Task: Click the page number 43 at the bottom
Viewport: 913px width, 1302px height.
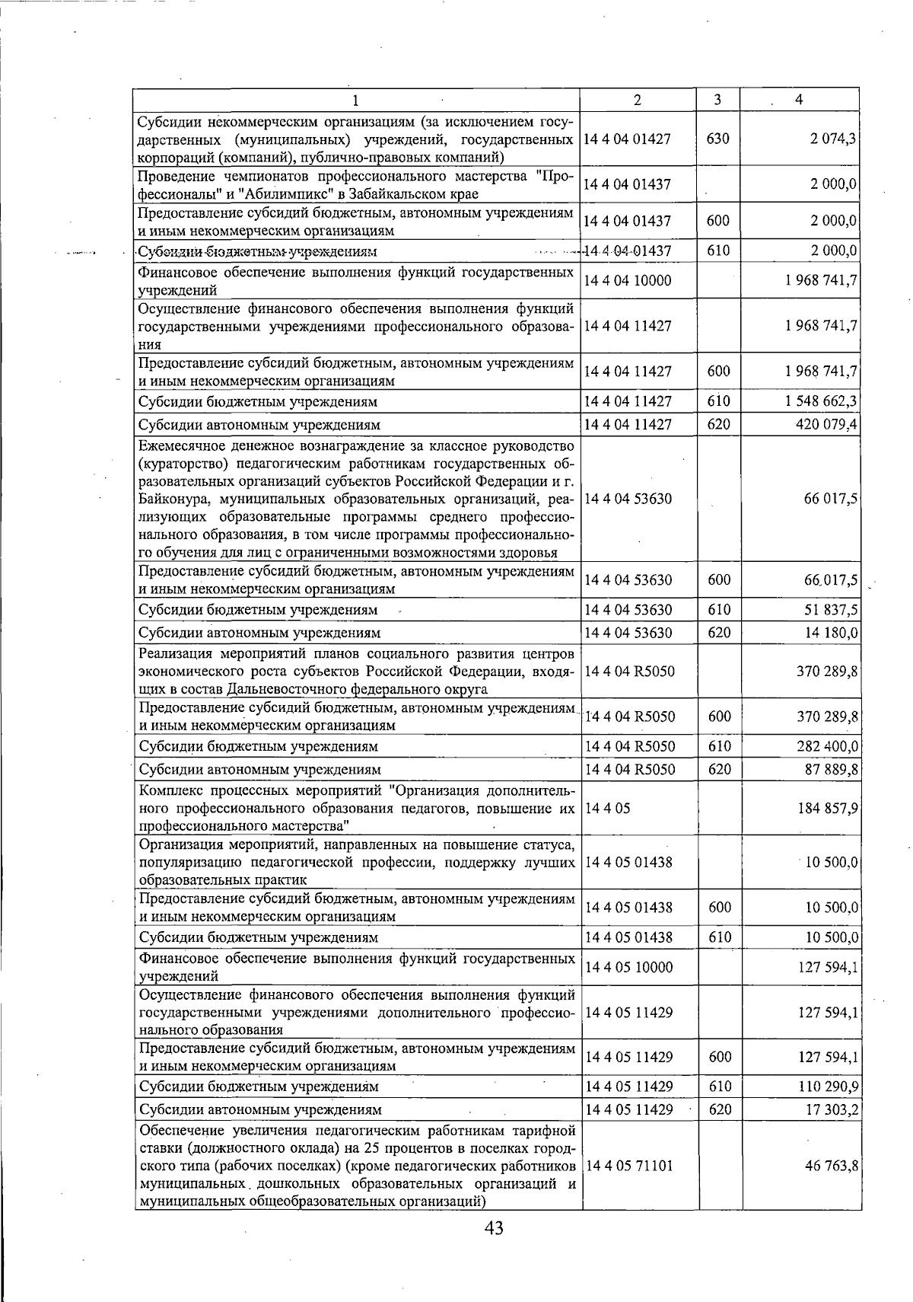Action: click(x=494, y=1227)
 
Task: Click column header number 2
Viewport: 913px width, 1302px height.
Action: click(x=637, y=100)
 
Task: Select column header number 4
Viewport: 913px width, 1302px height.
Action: click(x=799, y=100)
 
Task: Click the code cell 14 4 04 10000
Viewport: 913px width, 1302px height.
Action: click(x=628, y=281)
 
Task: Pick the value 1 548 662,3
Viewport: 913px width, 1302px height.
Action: click(x=822, y=401)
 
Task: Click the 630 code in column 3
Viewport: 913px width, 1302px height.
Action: click(x=717, y=139)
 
